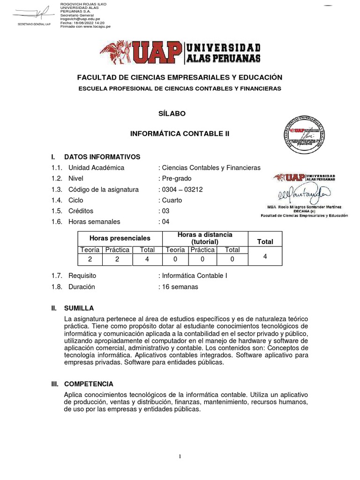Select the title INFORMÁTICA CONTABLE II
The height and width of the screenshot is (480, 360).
click(180, 134)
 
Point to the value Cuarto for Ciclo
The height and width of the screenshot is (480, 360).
click(172, 200)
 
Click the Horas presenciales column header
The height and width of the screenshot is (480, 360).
click(120, 238)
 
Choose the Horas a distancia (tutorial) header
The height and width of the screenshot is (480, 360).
click(205, 238)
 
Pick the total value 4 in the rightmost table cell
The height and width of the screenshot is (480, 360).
click(265, 256)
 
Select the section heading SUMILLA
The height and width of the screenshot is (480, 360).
click(79, 308)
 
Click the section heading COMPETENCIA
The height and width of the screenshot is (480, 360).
click(89, 384)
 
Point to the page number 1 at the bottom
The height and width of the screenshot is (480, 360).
click(180, 457)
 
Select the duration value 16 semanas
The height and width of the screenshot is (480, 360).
click(180, 286)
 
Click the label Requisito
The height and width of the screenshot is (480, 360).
click(82, 276)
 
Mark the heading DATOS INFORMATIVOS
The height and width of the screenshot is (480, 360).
click(102, 157)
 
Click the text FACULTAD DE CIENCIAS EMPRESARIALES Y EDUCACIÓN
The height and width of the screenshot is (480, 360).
click(180, 77)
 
